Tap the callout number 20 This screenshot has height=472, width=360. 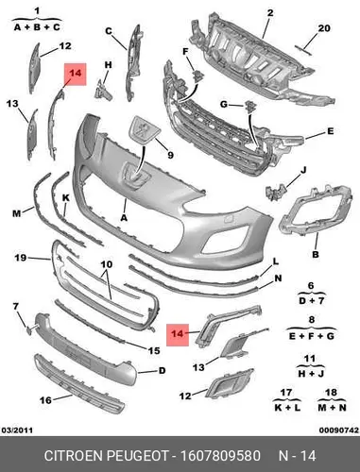(x=324, y=28)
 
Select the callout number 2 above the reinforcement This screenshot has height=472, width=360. (x=270, y=13)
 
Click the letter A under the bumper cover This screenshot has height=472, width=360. (x=124, y=217)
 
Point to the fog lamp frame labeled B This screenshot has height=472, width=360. (x=315, y=210)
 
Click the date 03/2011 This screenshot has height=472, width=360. (x=17, y=430)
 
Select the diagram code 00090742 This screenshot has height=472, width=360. (x=339, y=430)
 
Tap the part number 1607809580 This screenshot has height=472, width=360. (x=220, y=456)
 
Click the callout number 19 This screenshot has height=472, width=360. (x=21, y=258)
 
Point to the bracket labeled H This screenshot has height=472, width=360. (x=104, y=91)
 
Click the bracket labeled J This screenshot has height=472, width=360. (x=276, y=192)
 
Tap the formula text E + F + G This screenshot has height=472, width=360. (x=311, y=336)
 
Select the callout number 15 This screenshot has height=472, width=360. (x=154, y=350)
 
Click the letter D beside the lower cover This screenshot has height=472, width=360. (x=162, y=371)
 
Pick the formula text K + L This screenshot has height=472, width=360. (x=287, y=408)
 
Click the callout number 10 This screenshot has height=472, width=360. (x=107, y=263)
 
